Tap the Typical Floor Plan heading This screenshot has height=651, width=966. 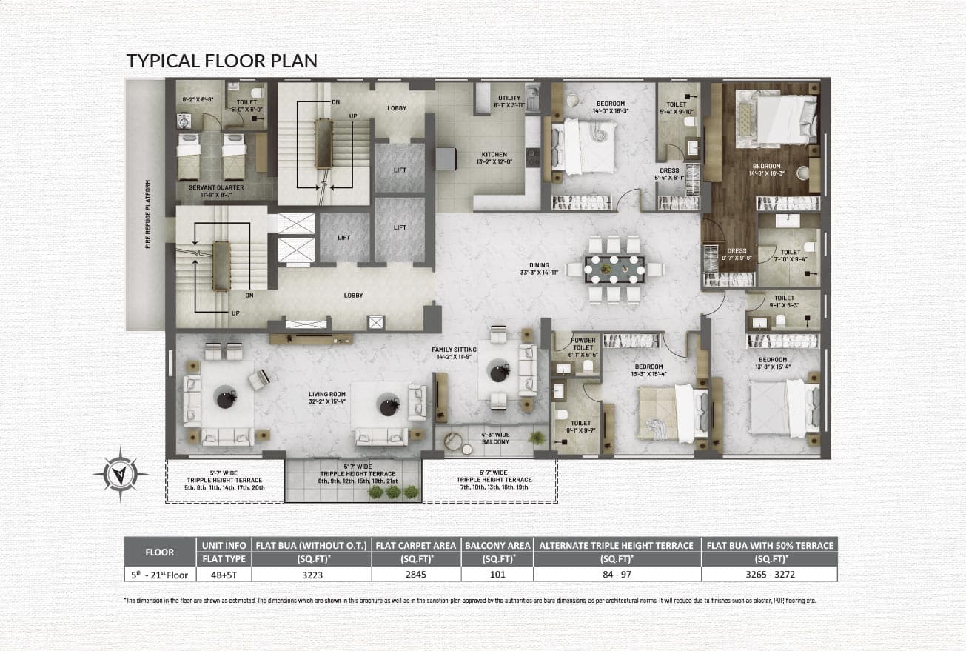coord(222,60)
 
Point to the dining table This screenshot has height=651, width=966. coord(614,269)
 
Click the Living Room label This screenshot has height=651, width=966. coord(328,397)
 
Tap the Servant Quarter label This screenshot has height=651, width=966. coord(216,191)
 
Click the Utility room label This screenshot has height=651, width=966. coord(509,101)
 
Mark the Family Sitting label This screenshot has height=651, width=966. coord(455,353)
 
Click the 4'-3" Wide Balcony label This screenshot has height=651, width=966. coord(495,438)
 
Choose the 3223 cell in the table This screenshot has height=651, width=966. coord(312,574)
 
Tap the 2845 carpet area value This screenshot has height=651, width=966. coord(416,574)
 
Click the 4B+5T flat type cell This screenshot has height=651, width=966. coord(223,574)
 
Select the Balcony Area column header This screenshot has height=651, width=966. coord(497,545)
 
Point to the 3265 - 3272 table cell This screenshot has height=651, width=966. coord(770,574)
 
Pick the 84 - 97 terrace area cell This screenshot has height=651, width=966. coord(617,574)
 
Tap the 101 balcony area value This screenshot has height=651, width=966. coord(497,574)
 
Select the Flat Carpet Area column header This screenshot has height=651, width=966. coord(416,545)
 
